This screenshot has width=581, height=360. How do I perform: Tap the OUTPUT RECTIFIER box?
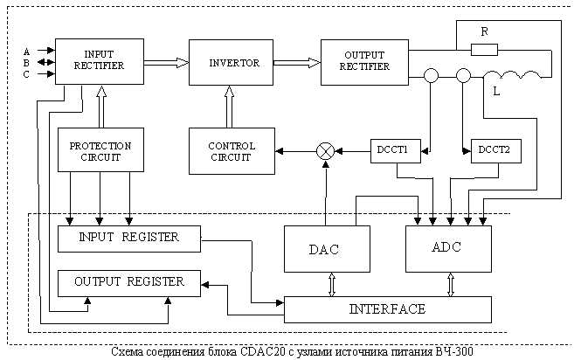(357, 62)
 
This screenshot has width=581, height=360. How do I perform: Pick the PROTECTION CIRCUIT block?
(100, 151)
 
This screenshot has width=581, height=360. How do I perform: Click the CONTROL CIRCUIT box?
(232, 151)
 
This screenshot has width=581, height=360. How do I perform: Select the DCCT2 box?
(495, 150)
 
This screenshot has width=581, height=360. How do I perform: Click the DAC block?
(323, 249)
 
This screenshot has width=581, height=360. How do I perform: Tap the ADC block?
(446, 247)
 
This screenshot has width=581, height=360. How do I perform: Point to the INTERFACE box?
(387, 308)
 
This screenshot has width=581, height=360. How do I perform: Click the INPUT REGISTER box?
(128, 238)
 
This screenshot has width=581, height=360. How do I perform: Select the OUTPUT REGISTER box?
(128, 281)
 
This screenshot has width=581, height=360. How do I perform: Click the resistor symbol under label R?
(484, 49)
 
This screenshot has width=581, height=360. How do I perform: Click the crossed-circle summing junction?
(325, 151)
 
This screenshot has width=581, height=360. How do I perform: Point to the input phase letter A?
(26, 50)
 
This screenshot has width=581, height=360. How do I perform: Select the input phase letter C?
(26, 74)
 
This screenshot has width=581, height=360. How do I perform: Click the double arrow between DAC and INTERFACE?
(331, 284)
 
